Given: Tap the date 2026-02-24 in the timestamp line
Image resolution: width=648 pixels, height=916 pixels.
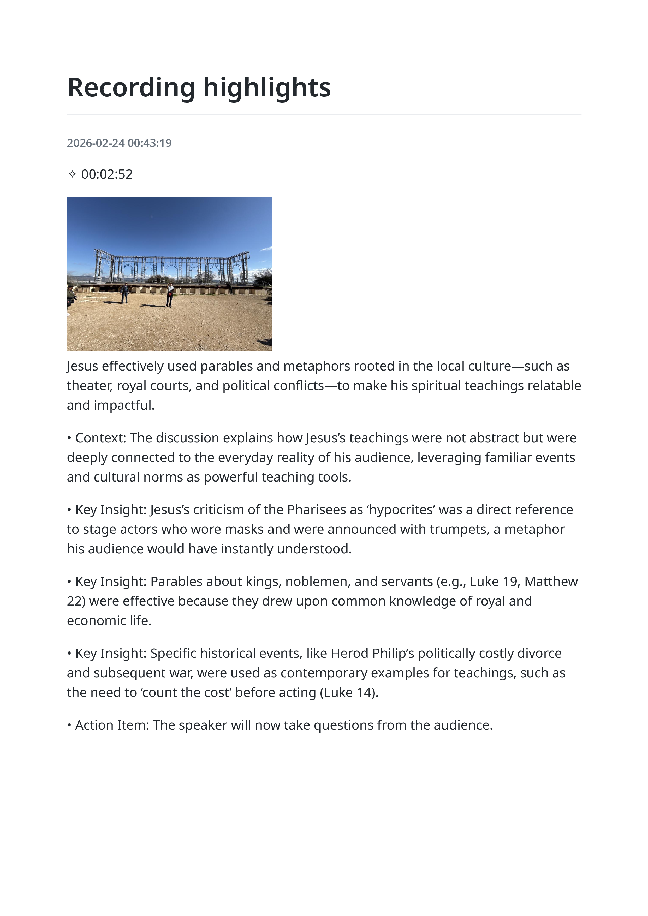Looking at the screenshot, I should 96,143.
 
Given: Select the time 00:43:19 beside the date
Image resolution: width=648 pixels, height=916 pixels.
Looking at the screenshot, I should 150,143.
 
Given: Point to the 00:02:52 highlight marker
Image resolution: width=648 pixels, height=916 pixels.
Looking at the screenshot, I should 107,174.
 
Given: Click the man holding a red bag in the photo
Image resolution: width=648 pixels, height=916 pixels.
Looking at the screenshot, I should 170,295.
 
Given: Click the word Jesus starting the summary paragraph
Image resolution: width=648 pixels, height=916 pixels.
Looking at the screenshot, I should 82,366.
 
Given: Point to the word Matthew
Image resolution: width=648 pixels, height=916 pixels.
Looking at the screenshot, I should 551,582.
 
